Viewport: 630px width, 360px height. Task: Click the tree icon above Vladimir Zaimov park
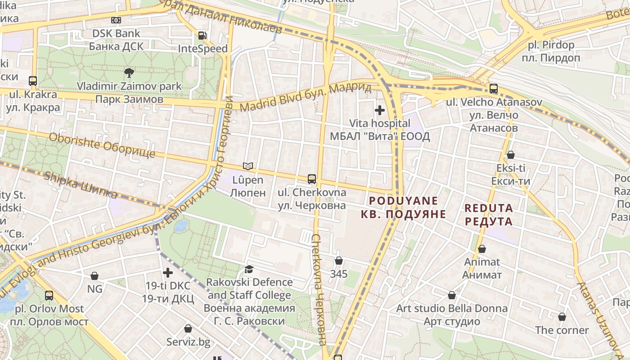pyautogui.click(x=129, y=72)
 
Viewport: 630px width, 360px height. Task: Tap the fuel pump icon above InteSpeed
pyautogui.click(x=203, y=35)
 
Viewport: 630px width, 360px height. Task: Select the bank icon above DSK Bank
pyautogui.click(x=116, y=20)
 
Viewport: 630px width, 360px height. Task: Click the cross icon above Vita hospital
pyautogui.click(x=380, y=110)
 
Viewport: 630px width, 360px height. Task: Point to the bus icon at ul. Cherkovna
pyautogui.click(x=311, y=179)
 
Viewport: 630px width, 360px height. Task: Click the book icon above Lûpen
pyautogui.click(x=248, y=166)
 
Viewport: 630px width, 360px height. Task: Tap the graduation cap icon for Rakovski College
pyautogui.click(x=249, y=269)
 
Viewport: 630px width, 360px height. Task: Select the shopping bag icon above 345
pyautogui.click(x=339, y=261)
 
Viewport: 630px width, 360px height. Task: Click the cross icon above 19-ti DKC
pyautogui.click(x=168, y=272)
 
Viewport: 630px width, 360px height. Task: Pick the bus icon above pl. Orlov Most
pyautogui.click(x=49, y=296)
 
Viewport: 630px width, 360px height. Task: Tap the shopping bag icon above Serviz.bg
pyautogui.click(x=188, y=328)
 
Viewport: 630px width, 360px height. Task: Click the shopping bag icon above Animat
pyautogui.click(x=482, y=249)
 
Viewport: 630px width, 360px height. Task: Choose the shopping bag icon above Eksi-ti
pyautogui.click(x=511, y=155)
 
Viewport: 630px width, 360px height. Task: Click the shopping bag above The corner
pyautogui.click(x=562, y=317)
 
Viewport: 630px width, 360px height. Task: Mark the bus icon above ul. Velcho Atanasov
pyautogui.click(x=494, y=89)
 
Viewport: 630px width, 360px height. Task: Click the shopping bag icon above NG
pyautogui.click(x=94, y=275)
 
